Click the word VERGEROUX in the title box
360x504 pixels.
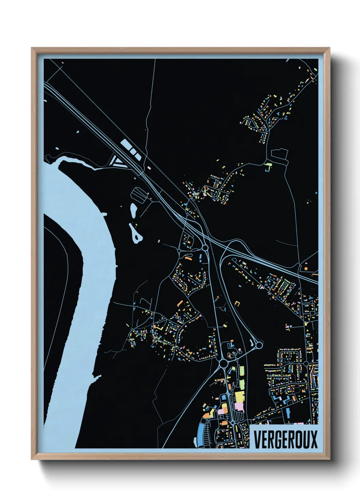pos(285,439)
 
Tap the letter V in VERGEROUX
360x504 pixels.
pos(257,439)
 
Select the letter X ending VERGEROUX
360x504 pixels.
pos(314,439)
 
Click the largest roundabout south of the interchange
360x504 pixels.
pos(224,364)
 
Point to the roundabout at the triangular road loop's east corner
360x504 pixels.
pos(259,345)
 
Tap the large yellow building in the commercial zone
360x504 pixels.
pos(240,397)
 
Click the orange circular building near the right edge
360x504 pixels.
pos(306,269)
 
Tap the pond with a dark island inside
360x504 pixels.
pos(136,235)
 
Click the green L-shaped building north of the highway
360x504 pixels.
pos(269,167)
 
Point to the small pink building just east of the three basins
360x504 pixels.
pos(149,168)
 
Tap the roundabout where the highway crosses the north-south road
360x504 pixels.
pos(205,247)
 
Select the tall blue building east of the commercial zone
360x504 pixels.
pos(289,412)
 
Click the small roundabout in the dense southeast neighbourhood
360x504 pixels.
pos(306,364)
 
